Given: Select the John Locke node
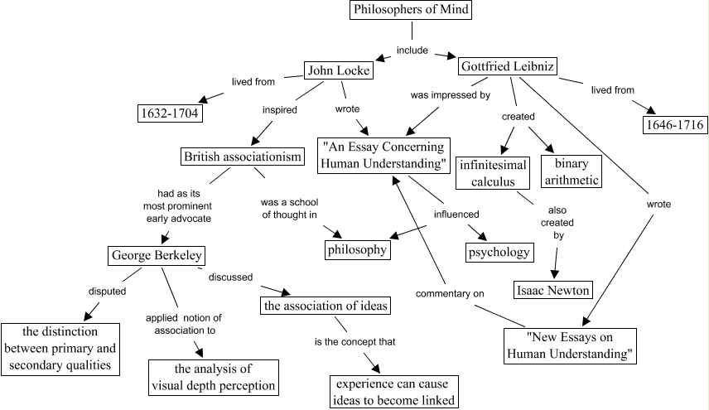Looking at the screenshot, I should point(338,71).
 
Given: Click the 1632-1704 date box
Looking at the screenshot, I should point(169,113).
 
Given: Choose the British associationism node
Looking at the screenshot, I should point(239,157).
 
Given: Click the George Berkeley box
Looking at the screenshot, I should point(157,255).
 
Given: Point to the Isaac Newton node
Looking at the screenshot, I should point(552,290).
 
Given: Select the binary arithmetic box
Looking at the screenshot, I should point(571,171).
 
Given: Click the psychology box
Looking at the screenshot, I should point(498,251).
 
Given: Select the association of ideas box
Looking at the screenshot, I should point(325,306).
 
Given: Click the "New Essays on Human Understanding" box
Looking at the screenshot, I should point(570,346).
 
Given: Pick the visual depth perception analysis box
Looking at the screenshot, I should point(212,377).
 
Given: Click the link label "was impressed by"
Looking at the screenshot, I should point(451,95).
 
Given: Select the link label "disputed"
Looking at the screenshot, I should point(107,291).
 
